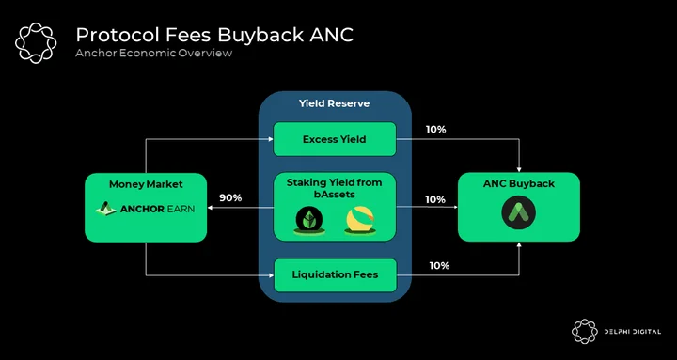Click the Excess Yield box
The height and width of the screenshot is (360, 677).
tap(335, 139)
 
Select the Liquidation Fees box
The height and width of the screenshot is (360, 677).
tap(335, 274)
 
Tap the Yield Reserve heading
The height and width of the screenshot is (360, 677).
tap(334, 103)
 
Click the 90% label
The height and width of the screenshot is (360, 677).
tap(230, 198)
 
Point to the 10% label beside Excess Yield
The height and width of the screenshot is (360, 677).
tap(435, 130)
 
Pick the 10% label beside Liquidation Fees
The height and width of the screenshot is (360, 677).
tap(439, 266)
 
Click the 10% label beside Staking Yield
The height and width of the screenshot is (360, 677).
tap(435, 199)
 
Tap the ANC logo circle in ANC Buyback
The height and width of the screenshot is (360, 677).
tap(518, 212)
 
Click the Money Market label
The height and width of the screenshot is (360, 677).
tap(146, 184)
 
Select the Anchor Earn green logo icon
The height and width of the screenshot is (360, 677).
tap(105, 209)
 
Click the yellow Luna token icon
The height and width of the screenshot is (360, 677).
tap(360, 220)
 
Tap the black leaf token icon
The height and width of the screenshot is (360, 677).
tap(310, 220)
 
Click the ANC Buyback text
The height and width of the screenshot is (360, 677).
tap(518, 184)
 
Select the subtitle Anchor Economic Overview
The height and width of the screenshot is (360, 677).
tap(153, 53)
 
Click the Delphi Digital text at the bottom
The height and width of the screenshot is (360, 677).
tap(633, 332)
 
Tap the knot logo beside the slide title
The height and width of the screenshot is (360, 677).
tap(36, 43)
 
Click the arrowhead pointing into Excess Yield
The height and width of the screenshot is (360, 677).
tap(271, 139)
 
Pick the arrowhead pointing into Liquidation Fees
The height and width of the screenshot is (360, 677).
tap(271, 274)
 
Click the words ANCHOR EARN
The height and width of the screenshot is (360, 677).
tap(157, 210)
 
